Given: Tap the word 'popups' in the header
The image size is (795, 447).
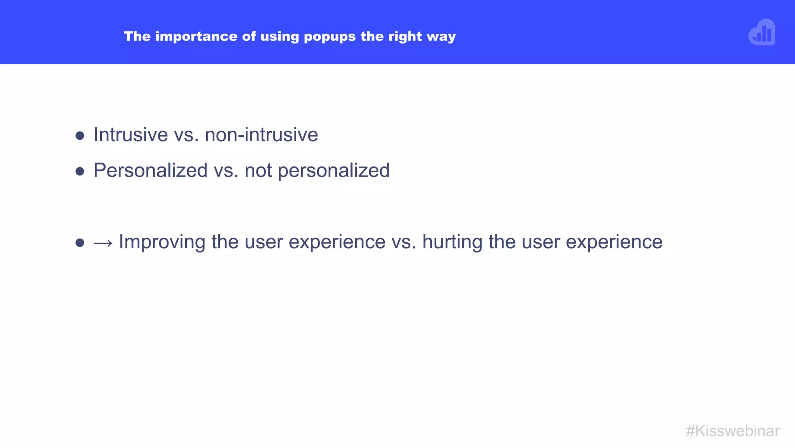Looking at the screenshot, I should click(330, 37).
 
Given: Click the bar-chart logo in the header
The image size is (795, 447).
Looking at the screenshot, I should click(762, 33).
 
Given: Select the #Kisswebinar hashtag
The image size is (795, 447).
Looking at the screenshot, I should click(733, 431).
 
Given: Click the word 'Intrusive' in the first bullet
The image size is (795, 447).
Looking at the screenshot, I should click(131, 135).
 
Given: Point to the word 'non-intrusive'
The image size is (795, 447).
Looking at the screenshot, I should click(261, 135).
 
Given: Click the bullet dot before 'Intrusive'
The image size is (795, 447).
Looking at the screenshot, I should click(80, 136).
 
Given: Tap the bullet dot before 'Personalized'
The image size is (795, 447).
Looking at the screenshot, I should click(80, 172).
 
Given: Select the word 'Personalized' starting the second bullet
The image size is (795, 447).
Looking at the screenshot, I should click(151, 171).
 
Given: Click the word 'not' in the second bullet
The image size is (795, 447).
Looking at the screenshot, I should click(258, 171).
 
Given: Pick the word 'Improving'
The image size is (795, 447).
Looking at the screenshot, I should click(162, 242).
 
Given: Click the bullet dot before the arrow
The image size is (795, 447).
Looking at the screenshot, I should click(80, 243).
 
